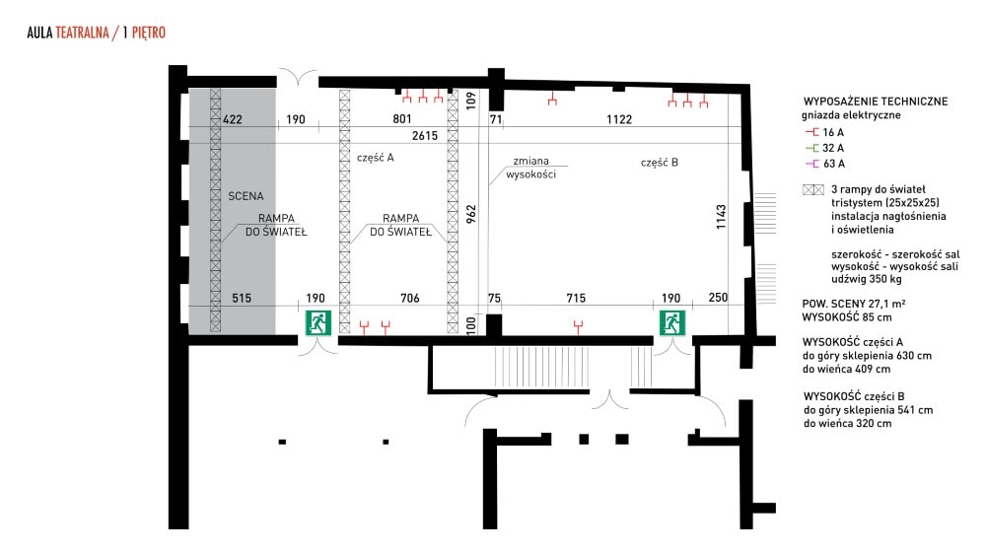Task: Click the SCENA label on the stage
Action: click(x=246, y=196)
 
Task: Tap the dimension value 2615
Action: click(x=424, y=136)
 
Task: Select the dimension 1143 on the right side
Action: click(x=722, y=216)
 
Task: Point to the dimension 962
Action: click(x=471, y=214)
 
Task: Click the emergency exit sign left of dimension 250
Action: click(x=671, y=323)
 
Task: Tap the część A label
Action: click(x=376, y=158)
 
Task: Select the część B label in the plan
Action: click(x=659, y=163)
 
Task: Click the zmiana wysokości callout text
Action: click(x=530, y=168)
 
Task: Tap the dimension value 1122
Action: click(x=619, y=119)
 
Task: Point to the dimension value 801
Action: click(x=402, y=119)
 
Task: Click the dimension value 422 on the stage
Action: click(x=232, y=119)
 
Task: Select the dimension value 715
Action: click(x=576, y=298)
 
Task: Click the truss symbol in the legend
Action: click(x=813, y=190)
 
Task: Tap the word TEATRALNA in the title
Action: click(x=83, y=33)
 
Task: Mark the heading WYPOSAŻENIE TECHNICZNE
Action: click(x=876, y=102)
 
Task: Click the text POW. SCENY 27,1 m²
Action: click(x=853, y=304)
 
